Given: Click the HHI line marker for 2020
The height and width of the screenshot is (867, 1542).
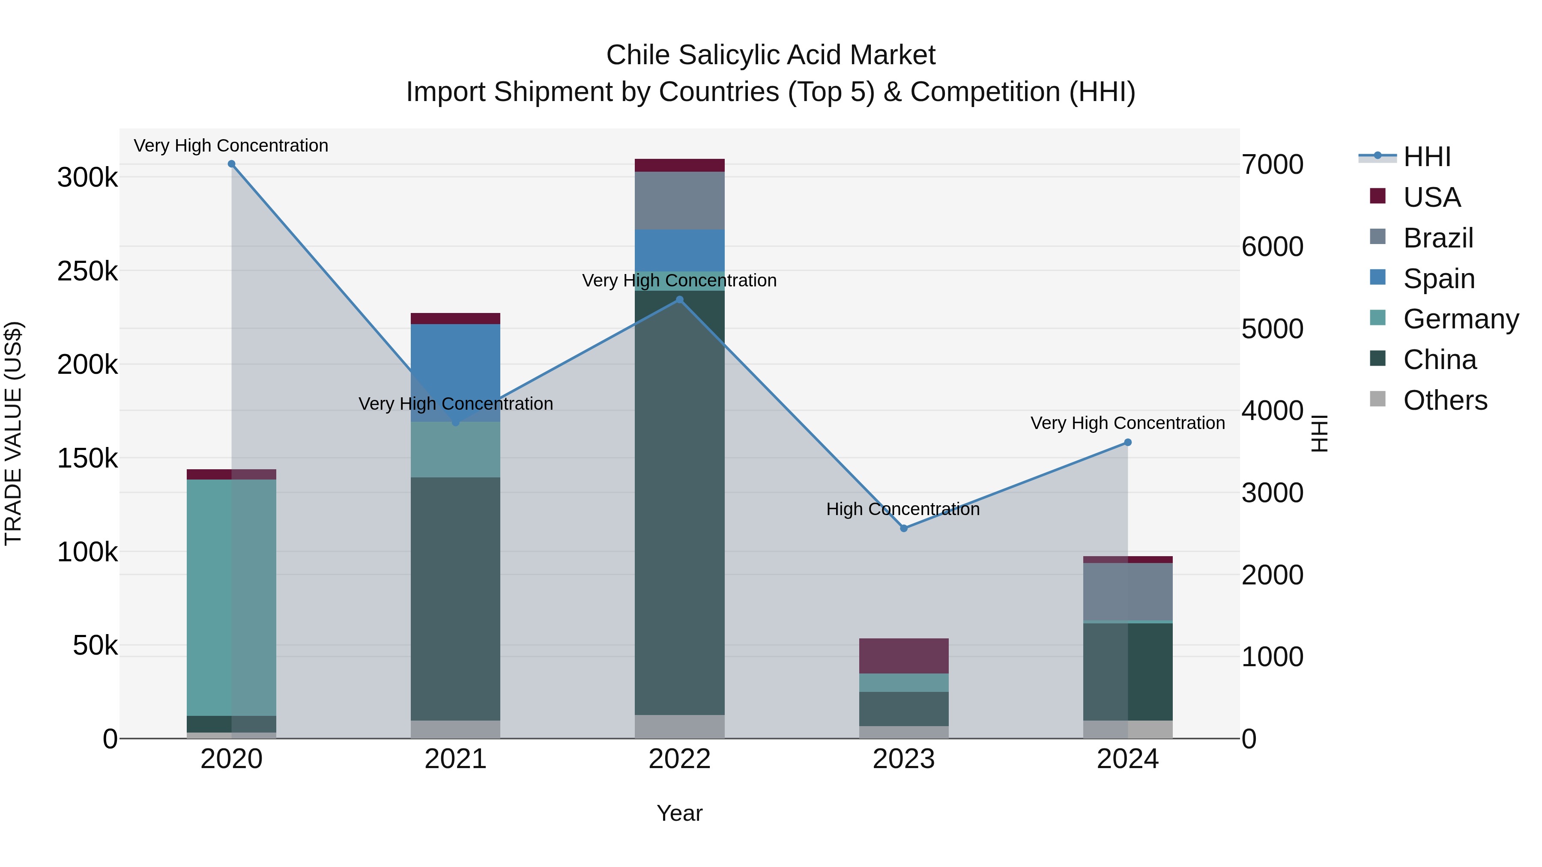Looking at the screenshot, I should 232,164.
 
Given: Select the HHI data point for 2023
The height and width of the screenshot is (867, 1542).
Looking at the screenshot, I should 904,528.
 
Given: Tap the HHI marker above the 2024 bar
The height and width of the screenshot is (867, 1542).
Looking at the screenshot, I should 1128,443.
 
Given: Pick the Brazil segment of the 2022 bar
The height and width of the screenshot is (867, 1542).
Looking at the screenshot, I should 679,200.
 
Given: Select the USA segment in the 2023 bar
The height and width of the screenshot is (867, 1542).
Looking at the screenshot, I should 904,656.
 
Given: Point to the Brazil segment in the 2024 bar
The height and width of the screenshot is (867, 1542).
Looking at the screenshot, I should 1128,591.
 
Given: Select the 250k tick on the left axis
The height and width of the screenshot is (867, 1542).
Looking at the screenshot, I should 87,271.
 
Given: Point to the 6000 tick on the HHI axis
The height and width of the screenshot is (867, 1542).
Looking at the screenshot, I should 1273,247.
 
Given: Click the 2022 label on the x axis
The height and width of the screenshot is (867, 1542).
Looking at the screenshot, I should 679,759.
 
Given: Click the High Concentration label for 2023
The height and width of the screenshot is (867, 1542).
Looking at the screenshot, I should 902,509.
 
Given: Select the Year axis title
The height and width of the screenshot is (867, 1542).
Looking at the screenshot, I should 679,813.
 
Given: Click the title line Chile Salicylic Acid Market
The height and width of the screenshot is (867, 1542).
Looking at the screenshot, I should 771,55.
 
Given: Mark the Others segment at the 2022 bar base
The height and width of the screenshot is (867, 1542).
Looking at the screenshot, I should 679,727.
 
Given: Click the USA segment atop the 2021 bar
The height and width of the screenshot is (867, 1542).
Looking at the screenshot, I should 456,318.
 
